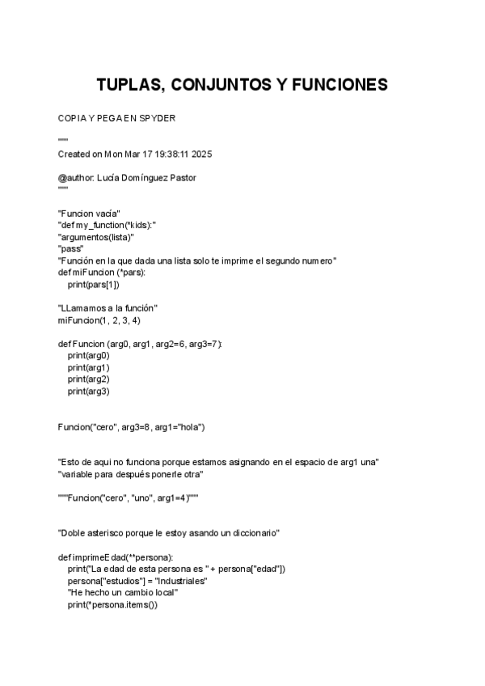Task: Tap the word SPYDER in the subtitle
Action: pyautogui.click(x=158, y=118)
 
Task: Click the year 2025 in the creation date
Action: pyautogui.click(x=201, y=154)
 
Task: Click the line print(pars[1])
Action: pyautogui.click(x=94, y=284)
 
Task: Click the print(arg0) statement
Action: pyautogui.click(x=89, y=355)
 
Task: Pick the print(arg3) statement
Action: pyautogui.click(x=89, y=391)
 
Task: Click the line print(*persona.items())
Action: pyautogui.click(x=113, y=604)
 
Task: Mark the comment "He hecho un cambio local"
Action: pyautogui.click(x=123, y=593)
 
